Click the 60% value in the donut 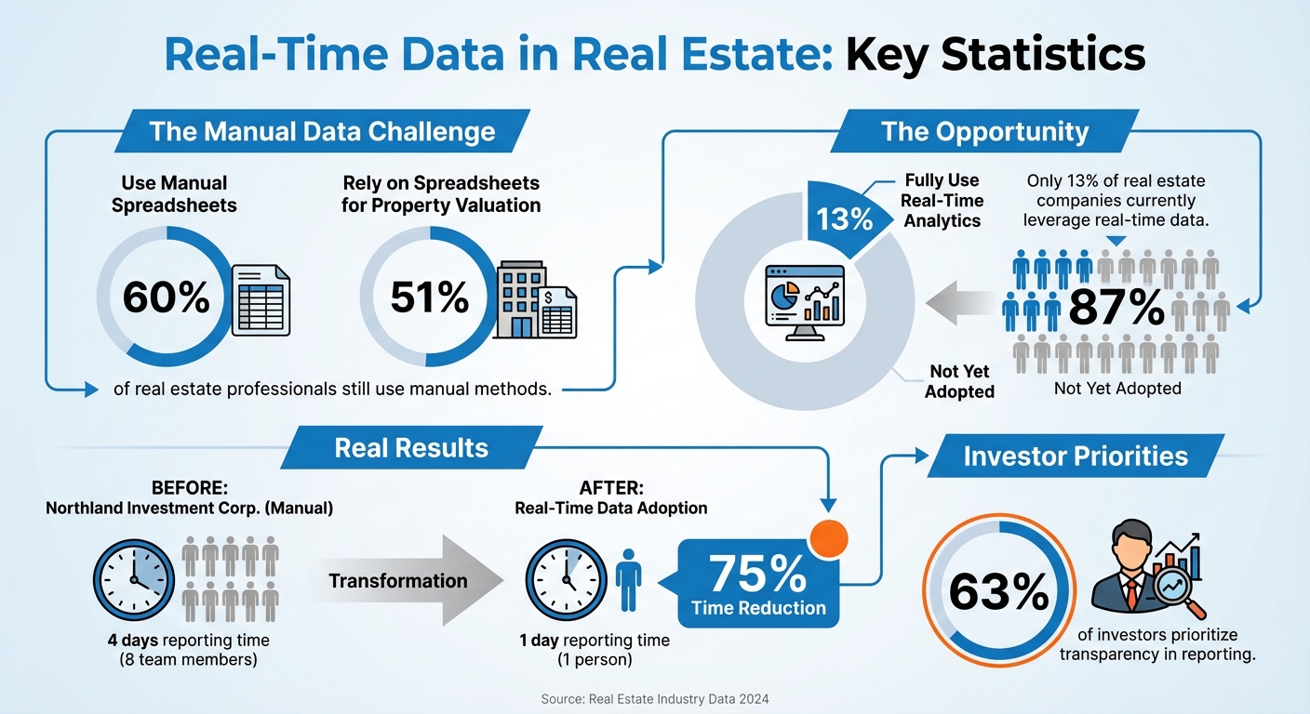coord(167,297)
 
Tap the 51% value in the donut coord(429,297)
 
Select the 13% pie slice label coord(844,219)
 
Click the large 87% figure coord(1116,308)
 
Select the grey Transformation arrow coord(409,581)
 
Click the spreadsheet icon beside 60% coord(260,300)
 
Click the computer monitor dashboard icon coord(804,300)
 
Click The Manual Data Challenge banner coord(322,131)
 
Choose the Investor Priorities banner coord(1076,456)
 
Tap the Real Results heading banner coord(411,447)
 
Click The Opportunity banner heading coord(984,131)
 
